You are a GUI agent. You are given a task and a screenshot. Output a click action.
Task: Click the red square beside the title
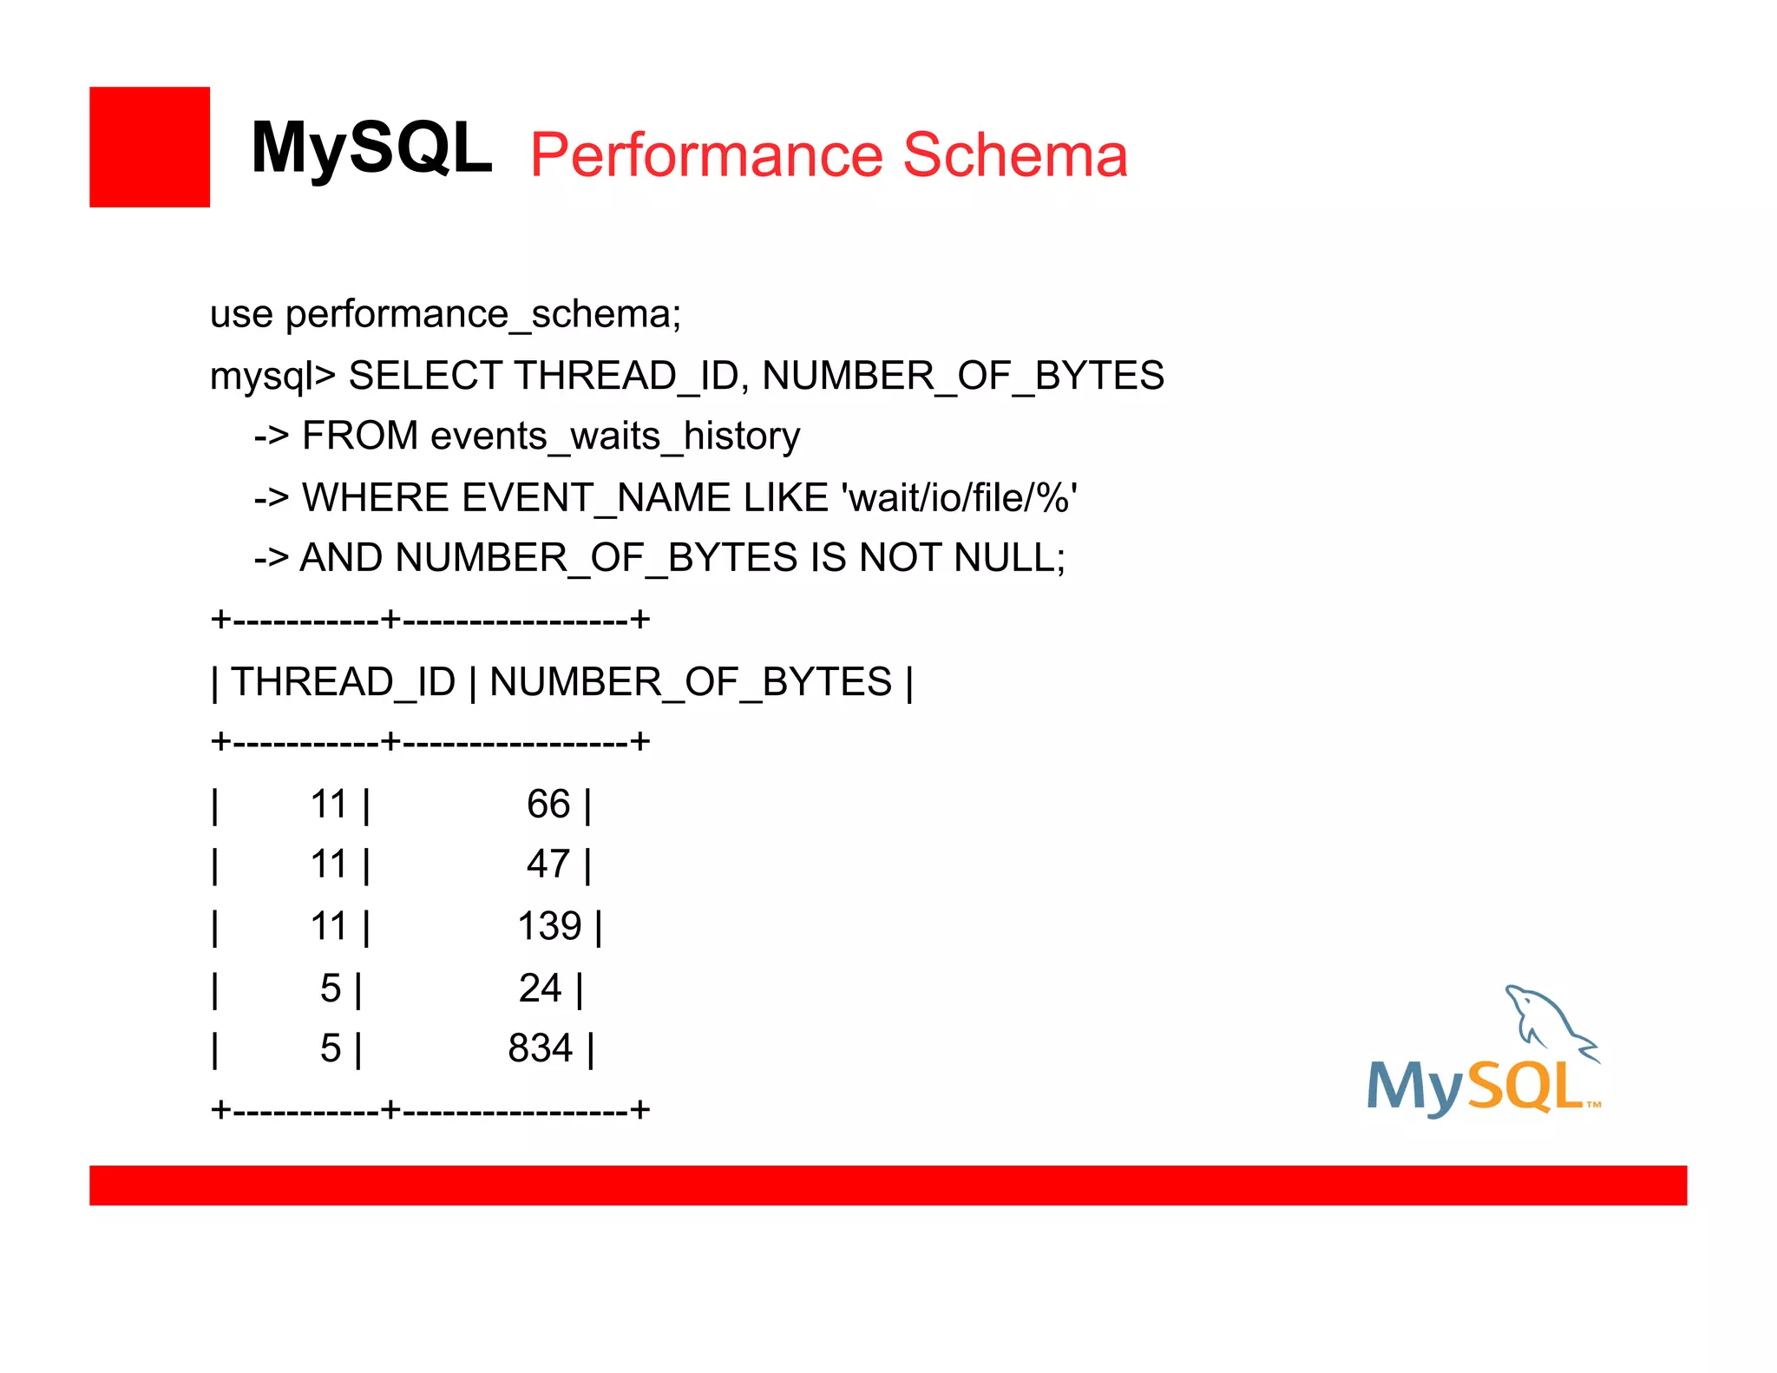point(149,147)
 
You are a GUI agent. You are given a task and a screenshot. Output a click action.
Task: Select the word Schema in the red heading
point(1014,155)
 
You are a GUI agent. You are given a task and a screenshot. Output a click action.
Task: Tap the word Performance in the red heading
point(708,155)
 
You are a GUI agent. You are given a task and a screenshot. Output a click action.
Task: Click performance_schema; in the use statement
point(483,314)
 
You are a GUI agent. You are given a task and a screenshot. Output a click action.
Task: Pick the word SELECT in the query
point(425,376)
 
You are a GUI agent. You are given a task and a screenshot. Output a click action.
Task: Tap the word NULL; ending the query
point(1010,558)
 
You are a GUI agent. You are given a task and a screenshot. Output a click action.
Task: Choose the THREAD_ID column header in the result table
point(344,682)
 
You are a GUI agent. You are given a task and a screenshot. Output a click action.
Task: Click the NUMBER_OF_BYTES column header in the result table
point(691,682)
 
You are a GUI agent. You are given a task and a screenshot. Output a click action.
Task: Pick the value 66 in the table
point(548,805)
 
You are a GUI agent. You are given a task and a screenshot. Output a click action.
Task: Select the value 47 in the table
point(548,865)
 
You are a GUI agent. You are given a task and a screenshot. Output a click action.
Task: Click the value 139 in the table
point(549,927)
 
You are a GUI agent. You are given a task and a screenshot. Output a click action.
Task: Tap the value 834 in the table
point(540,1048)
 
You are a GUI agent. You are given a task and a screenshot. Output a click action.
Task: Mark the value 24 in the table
point(540,989)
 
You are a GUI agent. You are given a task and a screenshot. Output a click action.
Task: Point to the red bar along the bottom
point(888,1186)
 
